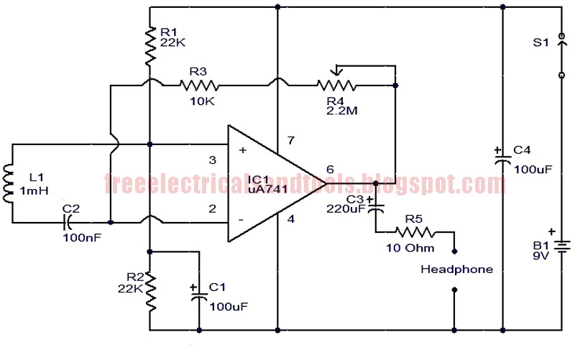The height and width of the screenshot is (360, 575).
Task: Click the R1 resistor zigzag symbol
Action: click(x=149, y=45)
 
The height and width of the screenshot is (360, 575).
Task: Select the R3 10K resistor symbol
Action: click(x=199, y=85)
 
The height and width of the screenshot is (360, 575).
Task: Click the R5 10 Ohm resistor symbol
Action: click(x=415, y=232)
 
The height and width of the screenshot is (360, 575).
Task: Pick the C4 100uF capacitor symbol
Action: click(x=502, y=160)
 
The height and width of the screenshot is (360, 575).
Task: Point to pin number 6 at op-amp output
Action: click(x=331, y=170)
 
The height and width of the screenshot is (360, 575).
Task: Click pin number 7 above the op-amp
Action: click(x=290, y=139)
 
